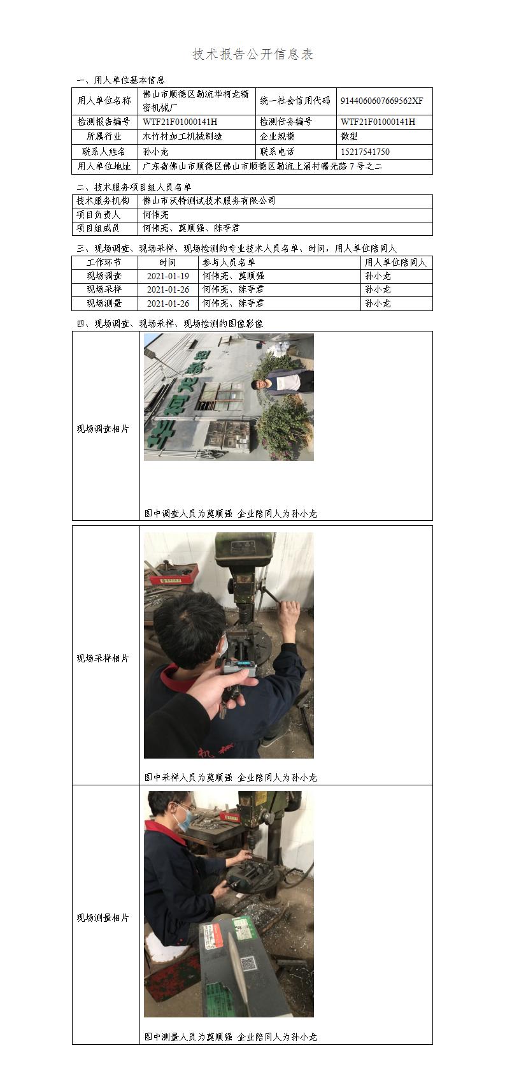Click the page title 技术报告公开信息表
(x=253, y=54)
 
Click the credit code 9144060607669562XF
(x=382, y=101)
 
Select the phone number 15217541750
(x=366, y=152)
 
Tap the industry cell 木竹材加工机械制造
(x=183, y=136)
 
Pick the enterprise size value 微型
(x=349, y=136)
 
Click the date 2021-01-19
(x=168, y=276)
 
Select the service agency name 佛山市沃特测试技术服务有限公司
(x=209, y=200)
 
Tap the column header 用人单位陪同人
(x=395, y=263)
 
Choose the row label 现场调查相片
(x=103, y=429)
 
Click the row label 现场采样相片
(x=103, y=658)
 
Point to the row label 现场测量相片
(x=103, y=918)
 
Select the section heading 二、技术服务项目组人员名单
(x=134, y=187)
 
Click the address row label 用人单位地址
(x=104, y=166)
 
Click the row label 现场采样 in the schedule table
(x=104, y=289)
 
